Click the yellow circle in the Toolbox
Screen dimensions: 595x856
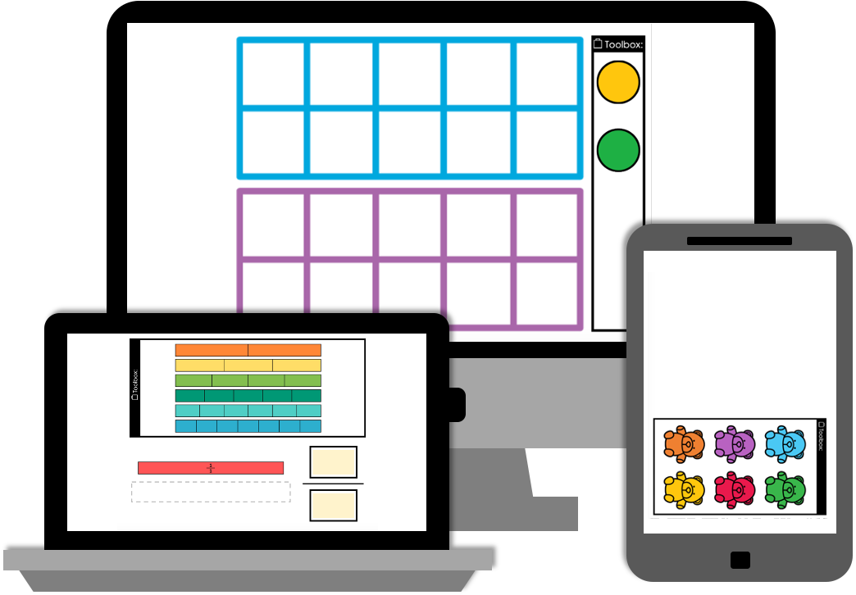click(x=618, y=82)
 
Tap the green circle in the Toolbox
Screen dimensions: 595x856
click(x=618, y=150)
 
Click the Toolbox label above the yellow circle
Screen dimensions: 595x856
click(x=618, y=44)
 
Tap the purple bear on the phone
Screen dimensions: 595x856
click(x=734, y=443)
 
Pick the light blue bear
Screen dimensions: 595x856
click(x=785, y=443)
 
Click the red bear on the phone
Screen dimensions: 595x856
click(x=734, y=489)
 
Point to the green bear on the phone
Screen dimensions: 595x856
click(x=785, y=489)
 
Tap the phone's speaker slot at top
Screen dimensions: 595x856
click(x=740, y=241)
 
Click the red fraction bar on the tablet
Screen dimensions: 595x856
click(x=211, y=468)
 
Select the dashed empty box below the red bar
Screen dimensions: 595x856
click(x=211, y=492)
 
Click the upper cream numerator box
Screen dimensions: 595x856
click(x=333, y=462)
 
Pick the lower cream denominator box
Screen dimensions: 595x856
click(x=333, y=505)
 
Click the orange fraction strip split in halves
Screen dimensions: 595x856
click(x=248, y=350)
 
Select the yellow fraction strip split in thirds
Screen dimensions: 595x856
click(x=248, y=366)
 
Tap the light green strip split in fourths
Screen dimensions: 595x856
click(x=248, y=380)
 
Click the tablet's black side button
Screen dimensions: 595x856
click(x=457, y=405)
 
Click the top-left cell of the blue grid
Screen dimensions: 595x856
click(x=273, y=73)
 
